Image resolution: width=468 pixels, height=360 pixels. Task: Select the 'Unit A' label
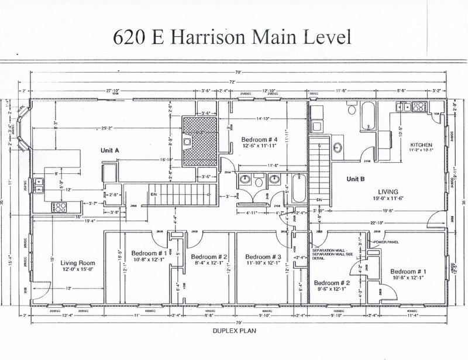[109, 150]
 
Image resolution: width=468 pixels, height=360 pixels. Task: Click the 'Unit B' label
[356, 179]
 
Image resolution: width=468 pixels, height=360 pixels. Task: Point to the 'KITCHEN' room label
[421, 145]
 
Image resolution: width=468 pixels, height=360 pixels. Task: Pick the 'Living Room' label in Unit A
[77, 263]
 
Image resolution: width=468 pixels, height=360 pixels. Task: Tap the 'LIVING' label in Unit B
[388, 191]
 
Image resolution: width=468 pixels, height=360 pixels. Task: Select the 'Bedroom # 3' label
[263, 257]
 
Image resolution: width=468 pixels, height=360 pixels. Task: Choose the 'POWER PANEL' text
[387, 242]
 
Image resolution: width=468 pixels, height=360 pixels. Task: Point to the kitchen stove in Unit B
[419, 107]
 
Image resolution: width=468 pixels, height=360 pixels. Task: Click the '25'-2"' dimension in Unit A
[106, 127]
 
